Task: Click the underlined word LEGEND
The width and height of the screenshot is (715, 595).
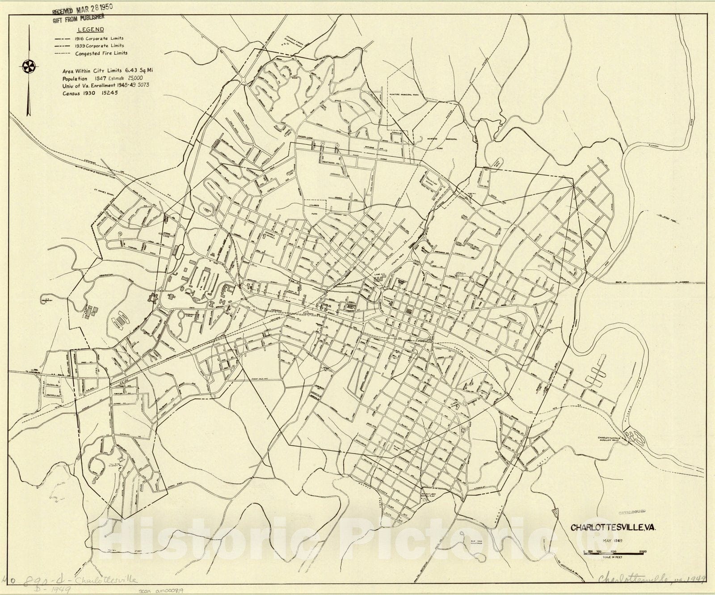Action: click(91, 30)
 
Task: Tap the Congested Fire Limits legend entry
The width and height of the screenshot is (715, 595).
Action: click(101, 53)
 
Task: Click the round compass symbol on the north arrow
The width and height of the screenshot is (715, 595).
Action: click(28, 67)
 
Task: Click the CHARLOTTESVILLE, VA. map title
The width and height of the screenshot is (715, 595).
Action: click(613, 527)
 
